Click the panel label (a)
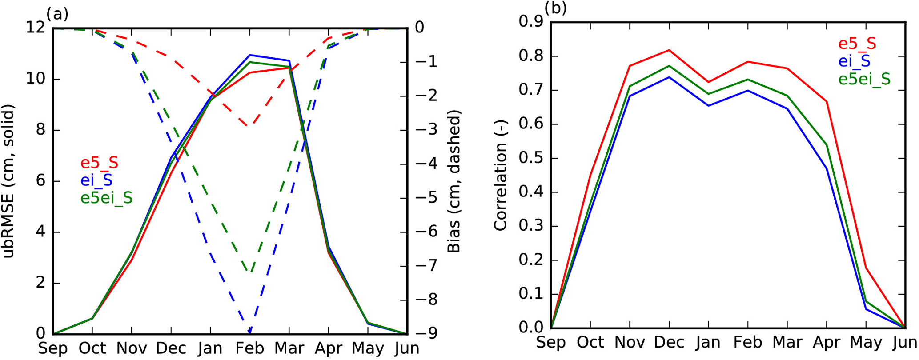pos(60,14)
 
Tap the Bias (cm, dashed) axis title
pos(454,181)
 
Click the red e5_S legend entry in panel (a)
pos(99,163)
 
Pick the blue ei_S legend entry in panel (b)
pos(854,61)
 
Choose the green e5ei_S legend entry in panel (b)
pos(864,79)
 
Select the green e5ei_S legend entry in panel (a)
pos(106,198)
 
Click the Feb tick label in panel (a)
pos(250,348)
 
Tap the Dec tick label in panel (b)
pos(669,342)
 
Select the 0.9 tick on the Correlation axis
pos(532,22)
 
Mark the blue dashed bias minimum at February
pos(250,332)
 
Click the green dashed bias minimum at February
pos(250,272)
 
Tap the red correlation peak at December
pos(669,50)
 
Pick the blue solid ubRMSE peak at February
pos(250,55)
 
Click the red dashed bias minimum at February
pos(250,126)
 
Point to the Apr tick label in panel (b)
pos(827,342)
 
